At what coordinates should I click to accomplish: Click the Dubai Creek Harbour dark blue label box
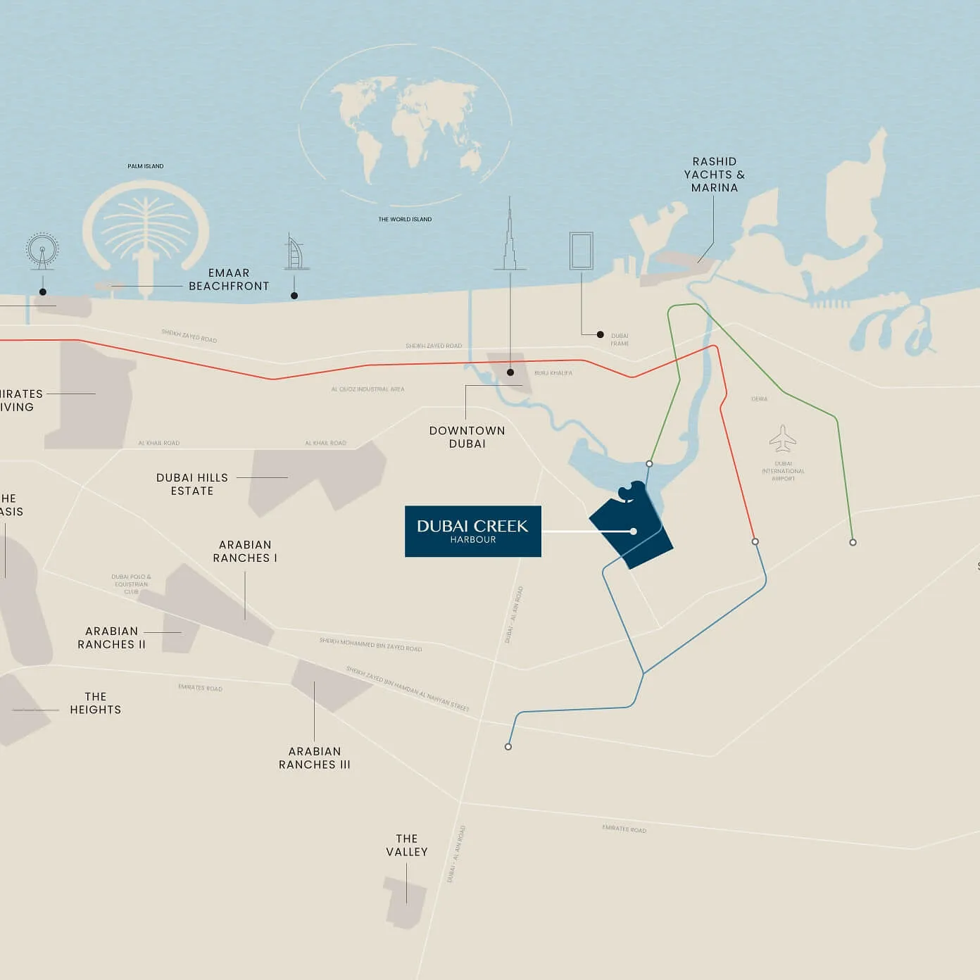pos(472,531)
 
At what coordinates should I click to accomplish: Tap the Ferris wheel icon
pos(42,251)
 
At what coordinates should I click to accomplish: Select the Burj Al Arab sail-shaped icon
pos(296,253)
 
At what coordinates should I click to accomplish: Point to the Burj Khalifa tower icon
pos(510,236)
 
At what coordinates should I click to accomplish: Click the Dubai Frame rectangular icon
pos(582,251)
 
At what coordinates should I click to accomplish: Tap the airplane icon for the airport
pos(782,439)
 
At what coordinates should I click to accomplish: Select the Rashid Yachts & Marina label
pos(714,175)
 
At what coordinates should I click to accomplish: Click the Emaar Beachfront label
pos(229,279)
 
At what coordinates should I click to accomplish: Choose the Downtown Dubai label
pos(467,436)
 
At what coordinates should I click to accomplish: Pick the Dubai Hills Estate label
pos(192,484)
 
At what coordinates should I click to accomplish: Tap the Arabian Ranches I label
pos(245,551)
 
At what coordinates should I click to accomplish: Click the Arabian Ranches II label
pos(112,638)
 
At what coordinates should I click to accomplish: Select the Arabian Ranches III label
pos(315,758)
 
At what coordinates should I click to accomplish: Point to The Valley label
pos(407,845)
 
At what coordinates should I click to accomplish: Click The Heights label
pos(96,703)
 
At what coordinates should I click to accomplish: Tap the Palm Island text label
pos(146,166)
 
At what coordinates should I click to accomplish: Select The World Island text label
pos(405,219)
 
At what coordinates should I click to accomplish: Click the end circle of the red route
pos(755,541)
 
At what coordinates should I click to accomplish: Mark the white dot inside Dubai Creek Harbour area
pos(634,532)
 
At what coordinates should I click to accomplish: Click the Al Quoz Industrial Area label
pos(368,389)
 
